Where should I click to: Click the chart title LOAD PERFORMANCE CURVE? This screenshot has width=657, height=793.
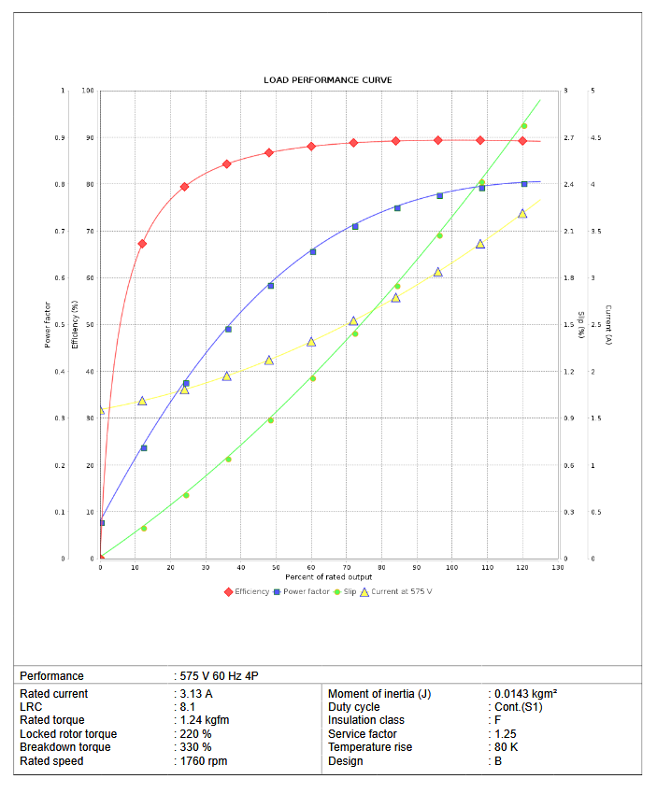pos(327,80)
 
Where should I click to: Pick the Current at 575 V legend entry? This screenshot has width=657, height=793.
pos(400,591)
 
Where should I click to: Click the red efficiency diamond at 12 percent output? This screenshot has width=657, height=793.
pos(142,244)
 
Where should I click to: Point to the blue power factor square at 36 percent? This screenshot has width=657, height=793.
pos(228,329)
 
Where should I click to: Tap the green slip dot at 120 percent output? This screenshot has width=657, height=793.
pos(524,126)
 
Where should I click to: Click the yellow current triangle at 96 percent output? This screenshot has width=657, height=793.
pos(438,272)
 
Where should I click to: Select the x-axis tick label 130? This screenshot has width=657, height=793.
pos(558,568)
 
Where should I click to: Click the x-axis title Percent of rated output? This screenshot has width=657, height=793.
pos(329,577)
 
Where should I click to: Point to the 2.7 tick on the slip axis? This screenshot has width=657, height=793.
pos(568,138)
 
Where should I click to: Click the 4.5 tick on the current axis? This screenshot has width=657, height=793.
pos(595,138)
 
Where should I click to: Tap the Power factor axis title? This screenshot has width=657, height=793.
pos(48,325)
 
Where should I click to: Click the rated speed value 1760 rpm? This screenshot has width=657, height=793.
pos(204,761)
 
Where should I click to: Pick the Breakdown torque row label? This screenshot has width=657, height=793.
pos(64,747)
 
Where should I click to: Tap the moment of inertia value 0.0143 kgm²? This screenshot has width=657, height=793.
pos(526,694)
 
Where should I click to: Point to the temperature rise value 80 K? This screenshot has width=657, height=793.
pos(507,747)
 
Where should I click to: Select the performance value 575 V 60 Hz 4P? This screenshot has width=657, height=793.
pos(225,675)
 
